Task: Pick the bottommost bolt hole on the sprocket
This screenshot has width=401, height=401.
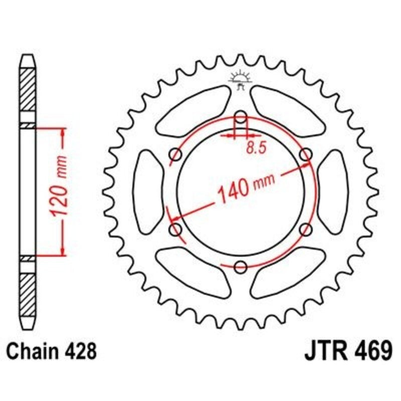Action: click(x=241, y=266)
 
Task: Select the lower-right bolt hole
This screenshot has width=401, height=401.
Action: click(x=305, y=230)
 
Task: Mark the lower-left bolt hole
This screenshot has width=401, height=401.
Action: click(x=176, y=230)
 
